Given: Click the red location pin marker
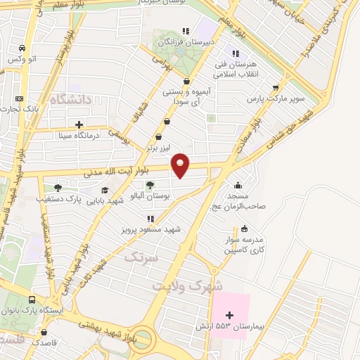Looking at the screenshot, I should pos(181,165).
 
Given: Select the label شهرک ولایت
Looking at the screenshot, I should pos(188,286).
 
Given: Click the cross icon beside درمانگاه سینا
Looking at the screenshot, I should pos(78,124).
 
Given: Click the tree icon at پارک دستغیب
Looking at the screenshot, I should pos(58,188).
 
